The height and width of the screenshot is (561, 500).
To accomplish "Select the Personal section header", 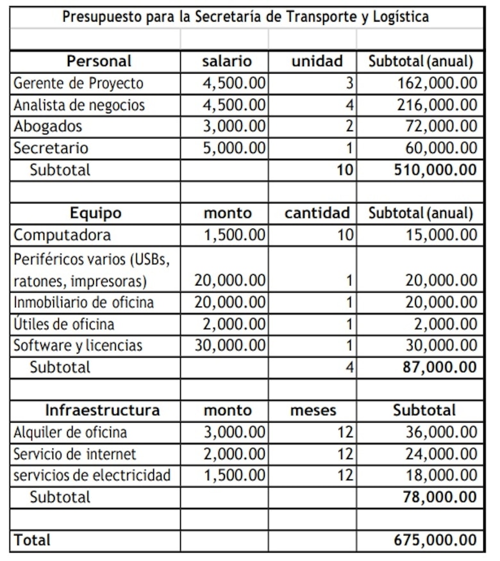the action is [99, 61].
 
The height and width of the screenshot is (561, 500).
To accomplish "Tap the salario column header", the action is [226, 61].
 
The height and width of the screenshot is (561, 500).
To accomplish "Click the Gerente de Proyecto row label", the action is [78, 83].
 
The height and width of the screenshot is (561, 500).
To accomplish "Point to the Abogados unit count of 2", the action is [349, 127].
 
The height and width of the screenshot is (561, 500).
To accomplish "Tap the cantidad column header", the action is [317, 213].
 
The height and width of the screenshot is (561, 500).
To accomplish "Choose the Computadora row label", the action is [62, 235].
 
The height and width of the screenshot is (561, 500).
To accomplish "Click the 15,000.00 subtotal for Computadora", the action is [442, 235].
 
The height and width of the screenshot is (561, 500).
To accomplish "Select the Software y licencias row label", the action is [78, 346].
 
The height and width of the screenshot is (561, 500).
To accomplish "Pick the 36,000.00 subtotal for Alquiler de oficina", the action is [442, 432].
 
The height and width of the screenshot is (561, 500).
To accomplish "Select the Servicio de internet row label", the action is [75, 454].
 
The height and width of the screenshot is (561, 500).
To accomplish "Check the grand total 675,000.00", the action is [435, 541].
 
